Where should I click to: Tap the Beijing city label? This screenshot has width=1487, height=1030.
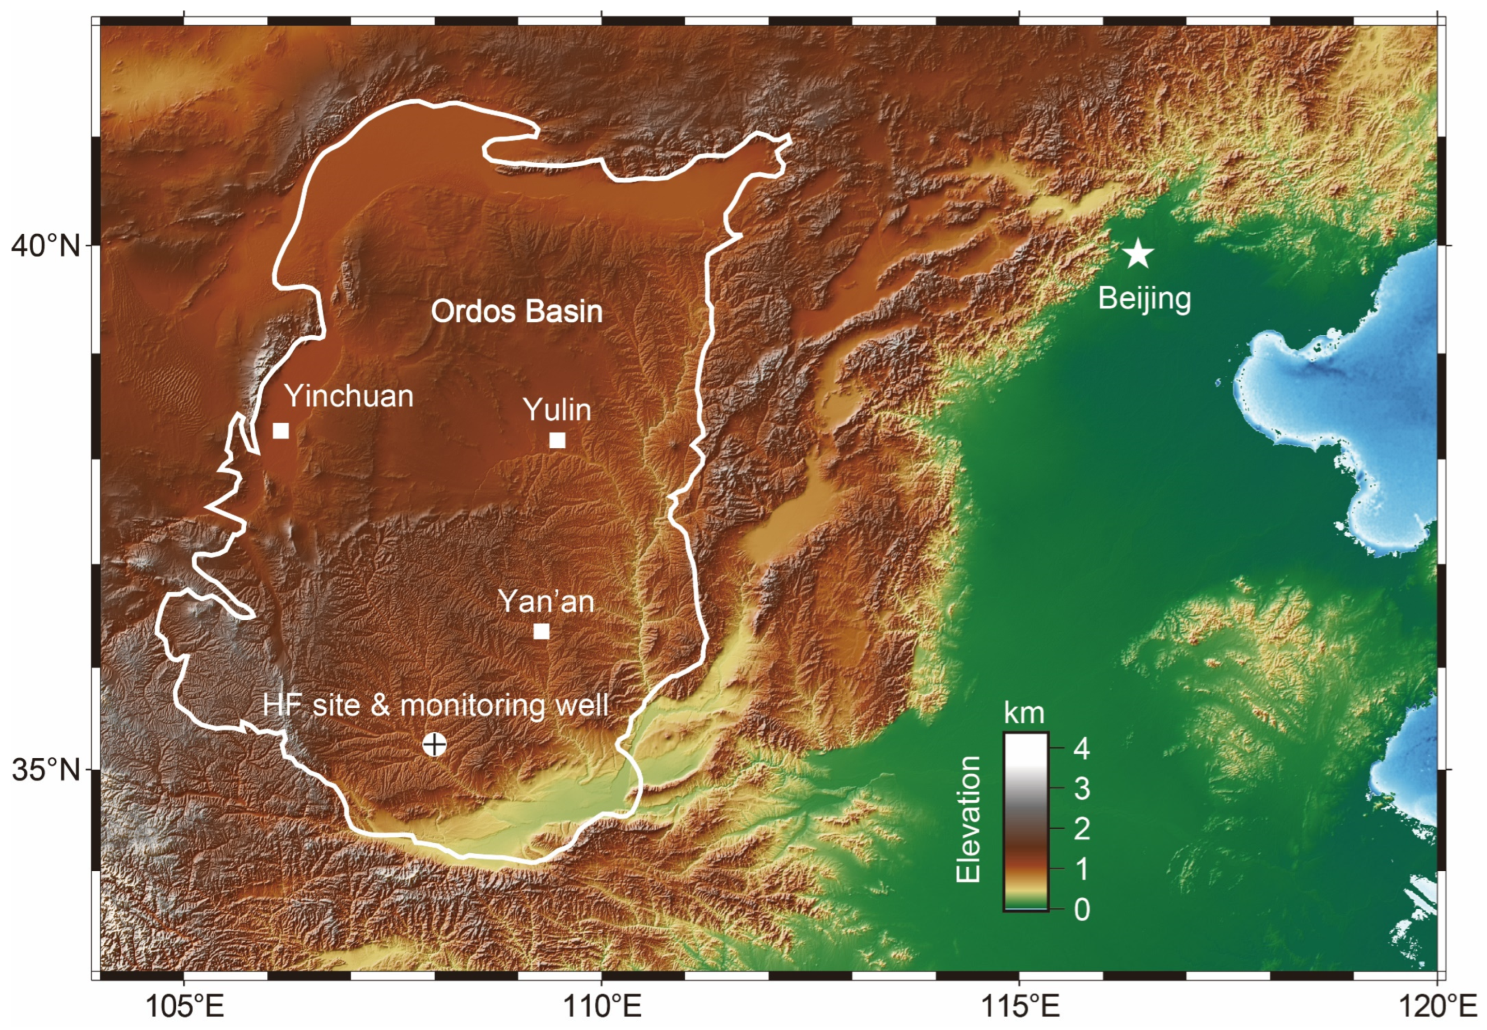pos(1145,299)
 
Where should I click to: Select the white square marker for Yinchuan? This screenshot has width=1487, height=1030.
pos(281,430)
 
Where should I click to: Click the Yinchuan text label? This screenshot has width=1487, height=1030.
pos(349,396)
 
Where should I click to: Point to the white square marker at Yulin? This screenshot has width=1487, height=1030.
pos(558,440)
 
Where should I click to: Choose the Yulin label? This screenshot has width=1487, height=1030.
pos(557,410)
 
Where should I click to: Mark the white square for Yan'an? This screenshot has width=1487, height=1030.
pos(541,631)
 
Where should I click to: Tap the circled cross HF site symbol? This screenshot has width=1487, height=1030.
pos(435,744)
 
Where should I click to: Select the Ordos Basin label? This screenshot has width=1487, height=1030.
pos(517,311)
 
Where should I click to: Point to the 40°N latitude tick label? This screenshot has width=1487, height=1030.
pos(45,246)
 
